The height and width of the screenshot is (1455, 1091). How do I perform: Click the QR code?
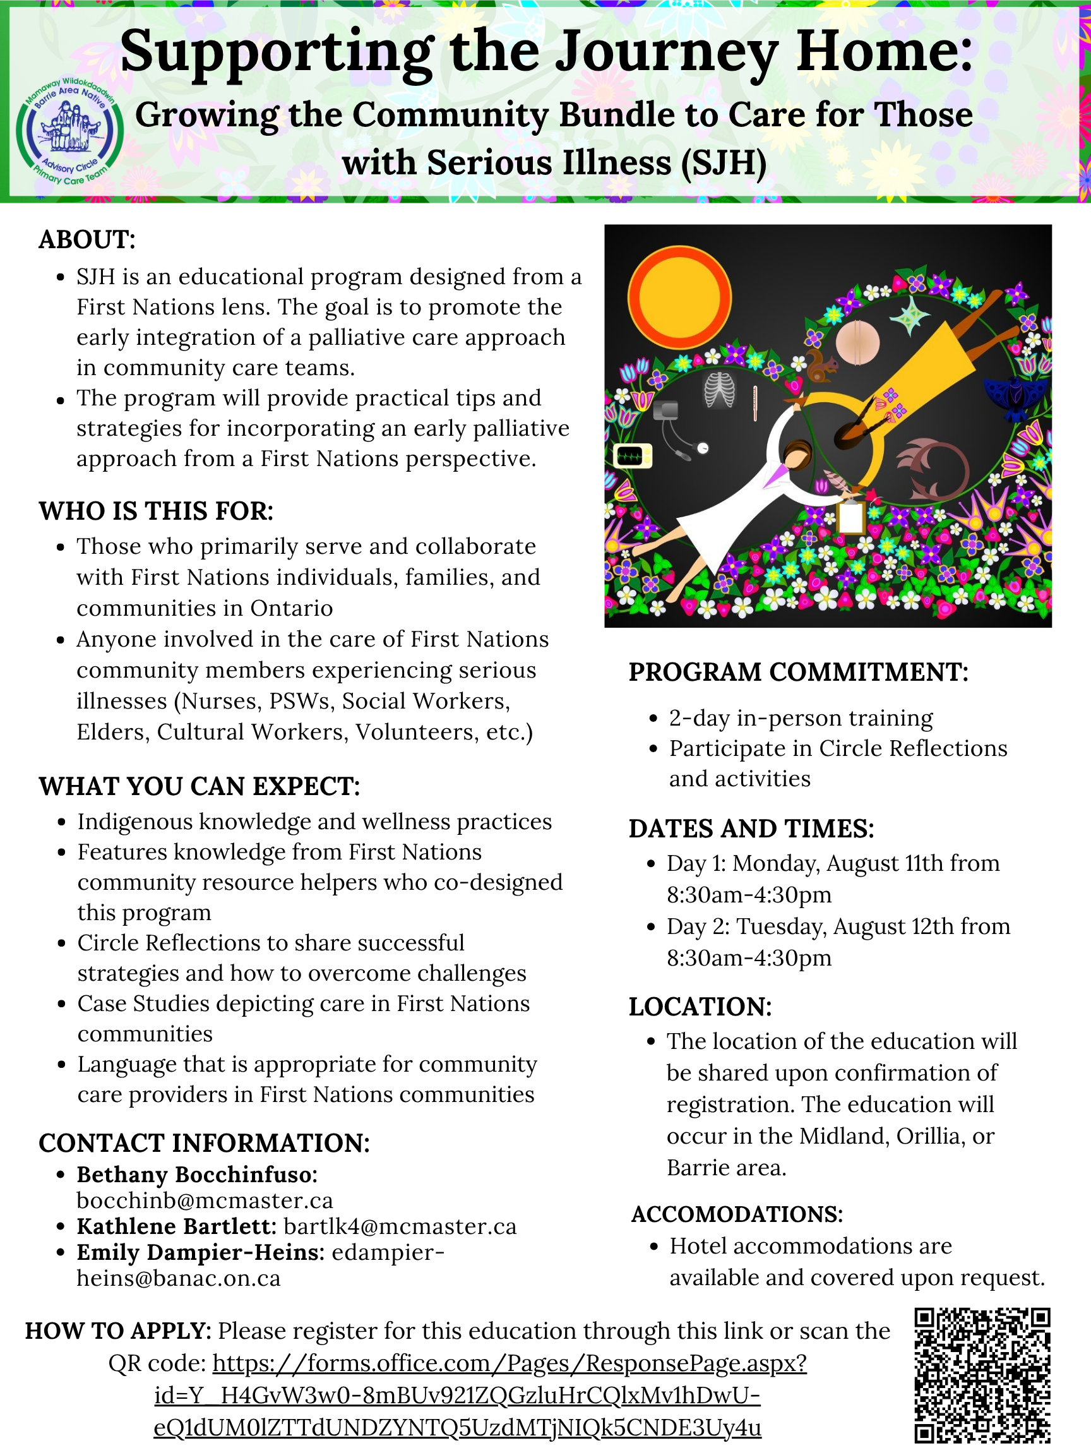[983, 1375]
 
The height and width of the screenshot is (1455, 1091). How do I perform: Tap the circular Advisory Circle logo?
[69, 130]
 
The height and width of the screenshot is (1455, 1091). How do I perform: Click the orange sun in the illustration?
[679, 297]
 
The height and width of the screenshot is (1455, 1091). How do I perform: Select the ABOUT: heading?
[86, 239]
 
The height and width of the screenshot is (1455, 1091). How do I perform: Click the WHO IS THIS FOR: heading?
[156, 510]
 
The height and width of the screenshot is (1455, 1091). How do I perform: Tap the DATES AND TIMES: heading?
[751, 828]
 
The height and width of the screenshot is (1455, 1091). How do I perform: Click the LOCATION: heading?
[700, 1007]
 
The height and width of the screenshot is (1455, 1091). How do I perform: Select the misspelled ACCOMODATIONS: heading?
[737, 1214]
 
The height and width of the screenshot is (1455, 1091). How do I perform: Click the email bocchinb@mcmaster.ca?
[205, 1201]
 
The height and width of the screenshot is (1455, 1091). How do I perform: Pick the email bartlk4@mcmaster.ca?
[400, 1226]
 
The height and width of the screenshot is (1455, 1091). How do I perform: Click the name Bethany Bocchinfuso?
[196, 1174]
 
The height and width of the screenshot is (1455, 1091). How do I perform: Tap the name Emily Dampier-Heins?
[200, 1252]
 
